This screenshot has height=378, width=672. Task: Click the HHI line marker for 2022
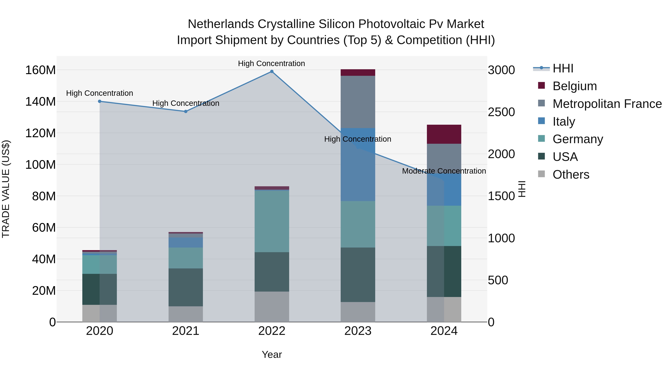(272, 71)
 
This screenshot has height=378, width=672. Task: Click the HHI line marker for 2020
(100, 102)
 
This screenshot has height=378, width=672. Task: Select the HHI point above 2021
(186, 111)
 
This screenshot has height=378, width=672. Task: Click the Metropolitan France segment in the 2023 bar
(358, 102)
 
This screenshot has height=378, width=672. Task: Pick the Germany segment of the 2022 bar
(272, 221)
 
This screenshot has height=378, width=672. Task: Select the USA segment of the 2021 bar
(186, 287)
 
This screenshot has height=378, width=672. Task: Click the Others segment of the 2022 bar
(272, 307)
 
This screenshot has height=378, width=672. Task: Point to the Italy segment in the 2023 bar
(358, 164)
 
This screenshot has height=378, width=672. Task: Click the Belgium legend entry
(574, 86)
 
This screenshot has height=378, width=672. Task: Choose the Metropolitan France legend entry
(607, 104)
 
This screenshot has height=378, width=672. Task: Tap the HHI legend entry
(563, 68)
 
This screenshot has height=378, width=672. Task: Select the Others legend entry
(571, 175)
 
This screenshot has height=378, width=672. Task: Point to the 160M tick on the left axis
(41, 70)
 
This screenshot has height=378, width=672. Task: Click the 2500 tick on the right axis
(501, 112)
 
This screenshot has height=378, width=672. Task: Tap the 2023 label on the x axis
(358, 331)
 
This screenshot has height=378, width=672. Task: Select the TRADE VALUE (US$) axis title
(6, 189)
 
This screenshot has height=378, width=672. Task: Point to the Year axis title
(272, 354)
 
